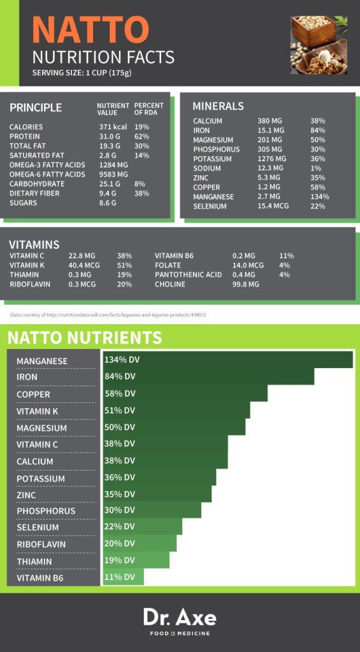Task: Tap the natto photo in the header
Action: [319, 45]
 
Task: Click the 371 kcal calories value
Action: [113, 127]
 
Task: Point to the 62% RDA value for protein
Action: [141, 136]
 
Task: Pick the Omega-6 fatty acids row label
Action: [47, 174]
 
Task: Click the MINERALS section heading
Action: [218, 106]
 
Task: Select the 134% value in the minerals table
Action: [319, 197]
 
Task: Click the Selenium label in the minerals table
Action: [210, 206]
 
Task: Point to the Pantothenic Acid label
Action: [188, 274]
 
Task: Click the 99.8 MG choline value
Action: [246, 284]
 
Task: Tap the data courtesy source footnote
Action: [108, 315]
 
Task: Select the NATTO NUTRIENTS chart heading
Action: [84, 337]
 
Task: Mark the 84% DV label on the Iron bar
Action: [120, 376]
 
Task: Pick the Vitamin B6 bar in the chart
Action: [123, 577]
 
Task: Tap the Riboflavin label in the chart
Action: [41, 544]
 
